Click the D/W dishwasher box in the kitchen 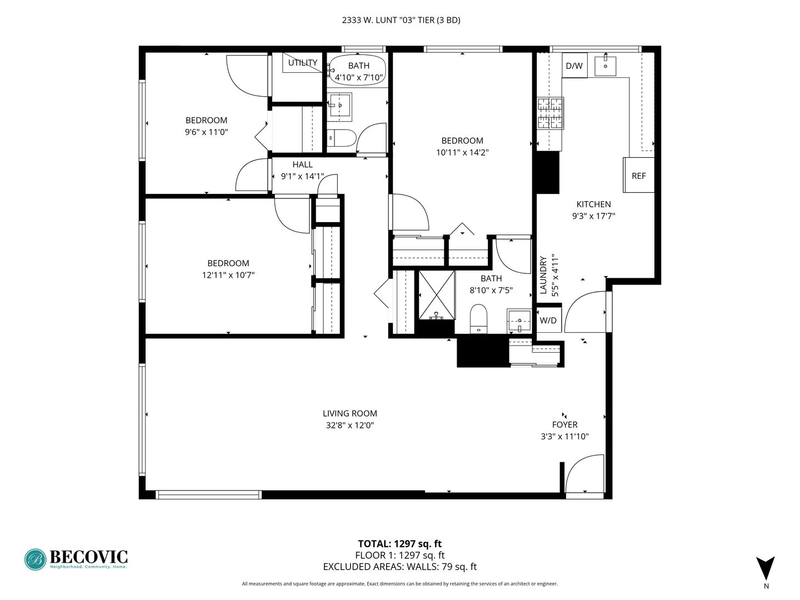pos(574,65)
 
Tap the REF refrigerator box pos(638,175)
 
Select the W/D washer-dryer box pos(548,320)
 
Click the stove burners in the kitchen pos(551,113)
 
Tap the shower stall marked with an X pos(437,294)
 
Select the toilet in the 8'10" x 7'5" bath pos(478,319)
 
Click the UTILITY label pos(303,63)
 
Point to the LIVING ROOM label pos(349,413)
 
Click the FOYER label pos(564,424)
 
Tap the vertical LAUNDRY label pos(543,275)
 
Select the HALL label pos(302,164)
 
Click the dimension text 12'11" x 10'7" pos(228,274)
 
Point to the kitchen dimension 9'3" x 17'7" pos(593,216)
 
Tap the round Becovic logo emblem pos(35,559)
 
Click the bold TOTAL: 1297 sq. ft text pos(399,544)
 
